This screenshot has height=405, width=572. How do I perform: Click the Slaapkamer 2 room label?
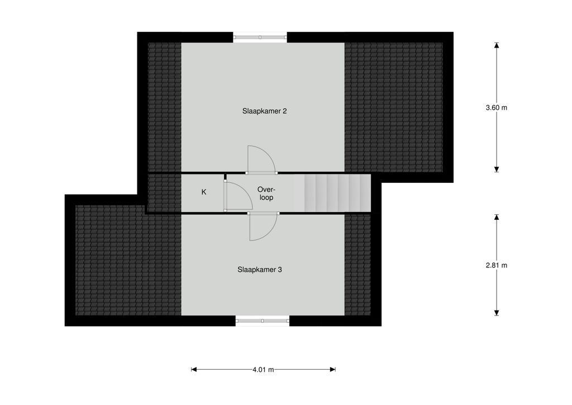264,111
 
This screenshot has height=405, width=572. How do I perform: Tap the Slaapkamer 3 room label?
259,270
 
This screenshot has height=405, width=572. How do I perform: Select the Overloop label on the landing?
265,194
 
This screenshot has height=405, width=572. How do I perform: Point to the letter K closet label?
204,192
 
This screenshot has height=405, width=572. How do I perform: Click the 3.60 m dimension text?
497,108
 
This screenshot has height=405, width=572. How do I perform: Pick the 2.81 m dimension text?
497,266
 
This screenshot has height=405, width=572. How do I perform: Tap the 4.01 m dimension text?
263,370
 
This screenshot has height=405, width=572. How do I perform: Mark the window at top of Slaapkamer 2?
260,37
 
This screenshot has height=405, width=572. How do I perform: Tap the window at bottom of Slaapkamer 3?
263,321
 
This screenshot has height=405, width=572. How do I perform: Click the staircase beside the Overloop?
332,193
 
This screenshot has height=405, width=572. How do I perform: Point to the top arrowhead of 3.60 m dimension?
497,45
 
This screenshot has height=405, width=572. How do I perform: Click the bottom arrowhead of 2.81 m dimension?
497,313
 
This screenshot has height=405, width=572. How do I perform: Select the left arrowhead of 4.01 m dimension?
194,370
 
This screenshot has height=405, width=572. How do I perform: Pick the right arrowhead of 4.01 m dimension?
333,370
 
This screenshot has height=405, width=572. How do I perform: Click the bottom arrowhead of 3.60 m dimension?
497,169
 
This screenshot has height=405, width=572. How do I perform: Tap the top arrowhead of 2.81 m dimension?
497,217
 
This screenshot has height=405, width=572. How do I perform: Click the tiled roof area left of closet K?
165,193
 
